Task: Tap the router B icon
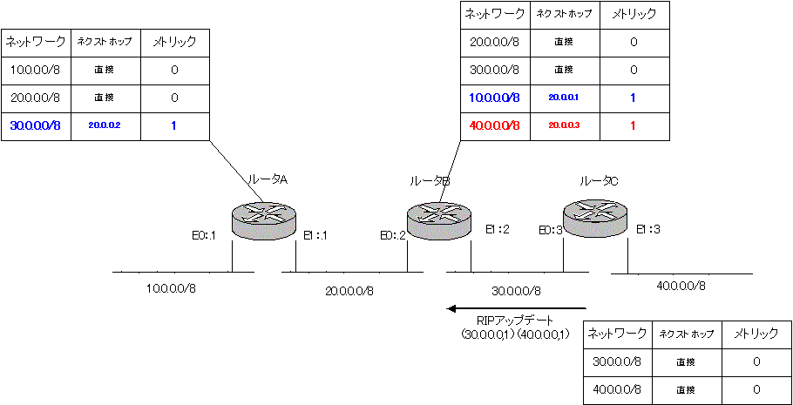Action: tap(437, 217)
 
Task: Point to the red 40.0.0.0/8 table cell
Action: tap(493, 125)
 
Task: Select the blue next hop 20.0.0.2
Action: tap(104, 125)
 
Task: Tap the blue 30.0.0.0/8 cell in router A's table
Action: tap(35, 125)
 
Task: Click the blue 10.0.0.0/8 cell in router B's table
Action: tap(493, 98)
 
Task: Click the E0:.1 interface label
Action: tap(204, 235)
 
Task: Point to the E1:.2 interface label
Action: tap(498, 229)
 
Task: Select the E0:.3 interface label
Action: tap(551, 230)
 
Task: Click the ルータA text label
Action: tap(268, 179)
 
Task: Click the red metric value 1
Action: tap(632, 125)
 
